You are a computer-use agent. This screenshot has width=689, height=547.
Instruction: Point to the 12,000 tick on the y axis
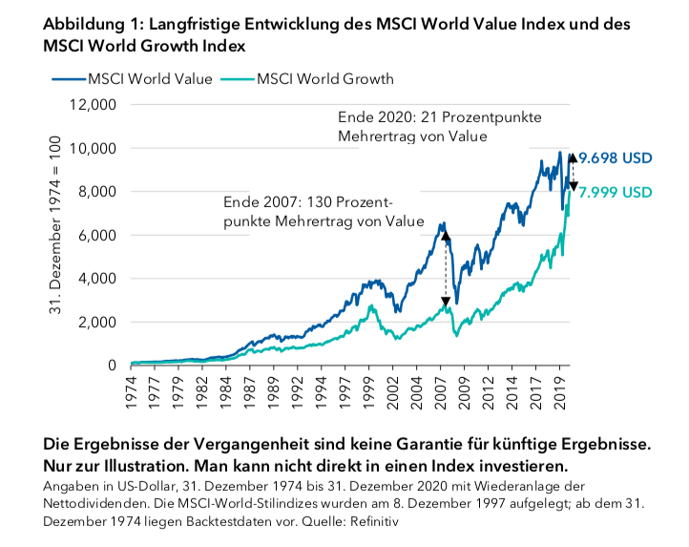pos(94,105)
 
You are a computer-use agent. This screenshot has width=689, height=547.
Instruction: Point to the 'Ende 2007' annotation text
pos(323,212)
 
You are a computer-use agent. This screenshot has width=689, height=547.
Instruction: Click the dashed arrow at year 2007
pos(445,269)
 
